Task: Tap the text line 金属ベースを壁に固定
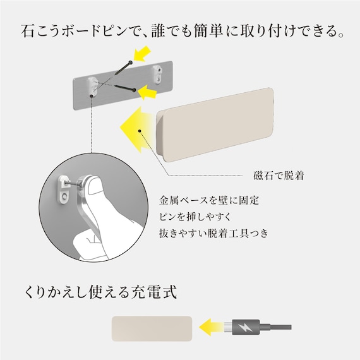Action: [x=201, y=200]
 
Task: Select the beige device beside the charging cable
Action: [x=152, y=328]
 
